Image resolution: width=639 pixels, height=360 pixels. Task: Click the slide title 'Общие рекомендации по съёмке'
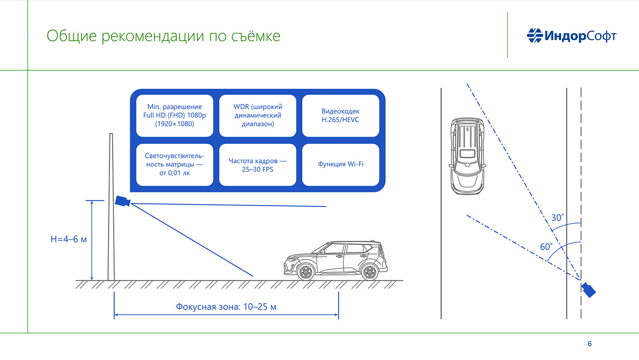coord(163,36)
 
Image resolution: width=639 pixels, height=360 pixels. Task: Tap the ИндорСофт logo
coord(571,35)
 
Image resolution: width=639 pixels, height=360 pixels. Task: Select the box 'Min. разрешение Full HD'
coord(175,116)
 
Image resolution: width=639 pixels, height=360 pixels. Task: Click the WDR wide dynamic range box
coord(257,116)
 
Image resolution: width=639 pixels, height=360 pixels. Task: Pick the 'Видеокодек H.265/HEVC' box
coord(340,116)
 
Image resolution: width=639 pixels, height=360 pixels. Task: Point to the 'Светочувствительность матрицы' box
coord(175,165)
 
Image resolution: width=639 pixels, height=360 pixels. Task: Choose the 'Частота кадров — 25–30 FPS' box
coord(257,165)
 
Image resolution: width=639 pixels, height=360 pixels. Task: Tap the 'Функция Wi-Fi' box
coord(340,165)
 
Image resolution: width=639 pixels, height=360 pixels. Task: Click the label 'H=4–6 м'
coord(69,239)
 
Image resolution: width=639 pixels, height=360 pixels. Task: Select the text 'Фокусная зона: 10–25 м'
coord(226,306)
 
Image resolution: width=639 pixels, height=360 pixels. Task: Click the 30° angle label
coord(558,217)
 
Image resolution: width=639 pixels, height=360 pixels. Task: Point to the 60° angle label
coord(546,247)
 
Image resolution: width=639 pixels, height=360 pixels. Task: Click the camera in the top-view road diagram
coord(589,290)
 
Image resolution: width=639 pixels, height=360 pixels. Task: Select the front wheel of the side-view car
coord(306,272)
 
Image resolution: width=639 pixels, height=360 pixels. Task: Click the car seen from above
coord(467,155)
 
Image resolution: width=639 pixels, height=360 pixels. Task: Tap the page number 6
coord(589,344)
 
